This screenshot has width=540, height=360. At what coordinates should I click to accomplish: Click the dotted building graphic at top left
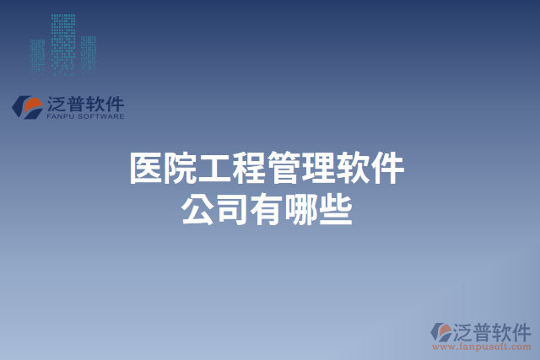[63, 42]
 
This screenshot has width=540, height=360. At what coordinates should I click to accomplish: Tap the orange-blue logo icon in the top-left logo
[27, 106]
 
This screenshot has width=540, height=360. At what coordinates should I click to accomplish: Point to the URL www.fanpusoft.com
[482, 346]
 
